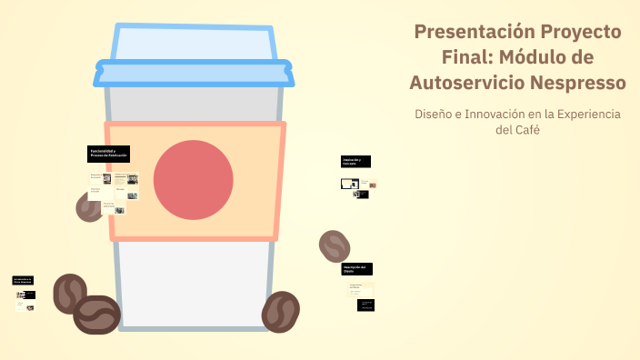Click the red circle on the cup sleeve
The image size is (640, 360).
[x=193, y=180]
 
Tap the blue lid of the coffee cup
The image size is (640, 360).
[x=193, y=56]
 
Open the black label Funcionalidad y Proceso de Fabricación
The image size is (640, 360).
[x=109, y=154]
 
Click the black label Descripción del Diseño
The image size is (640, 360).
[x=357, y=269]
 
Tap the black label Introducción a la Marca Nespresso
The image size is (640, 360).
[x=24, y=281]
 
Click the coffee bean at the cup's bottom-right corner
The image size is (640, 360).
[x=281, y=312]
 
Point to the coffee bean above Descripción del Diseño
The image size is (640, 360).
[x=335, y=245]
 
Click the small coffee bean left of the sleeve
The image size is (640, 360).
[x=88, y=207]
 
